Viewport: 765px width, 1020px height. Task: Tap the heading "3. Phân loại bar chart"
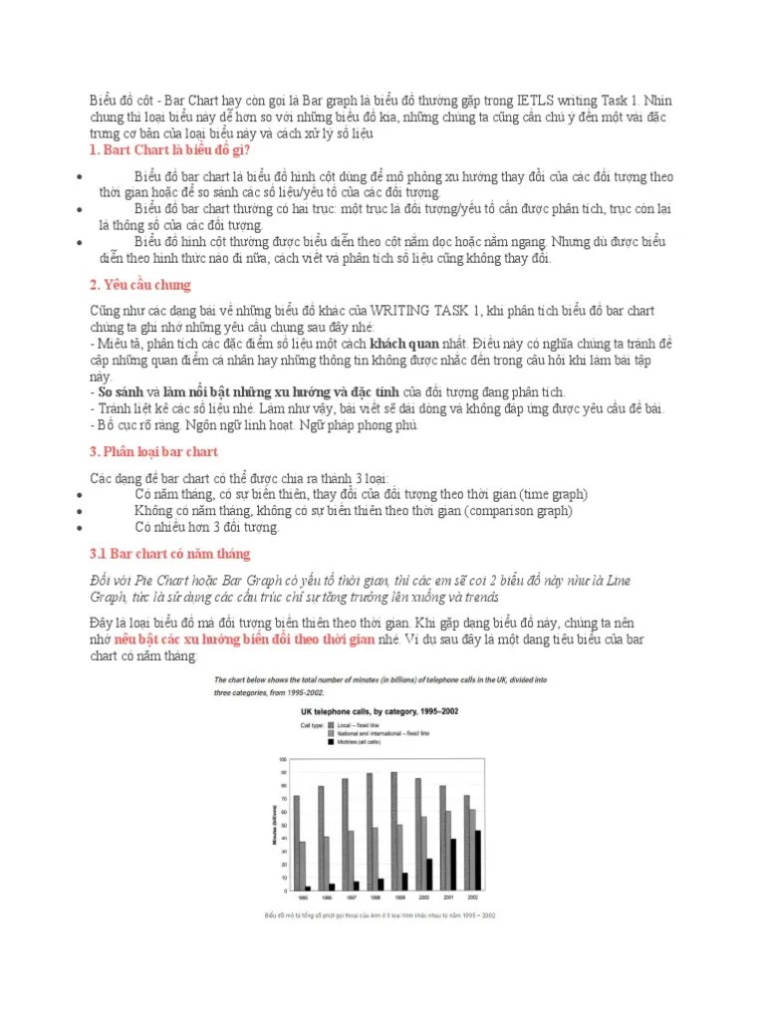(154, 451)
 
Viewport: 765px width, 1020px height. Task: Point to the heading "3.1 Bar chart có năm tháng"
(170, 553)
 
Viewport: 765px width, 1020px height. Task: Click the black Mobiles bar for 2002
(477, 860)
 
